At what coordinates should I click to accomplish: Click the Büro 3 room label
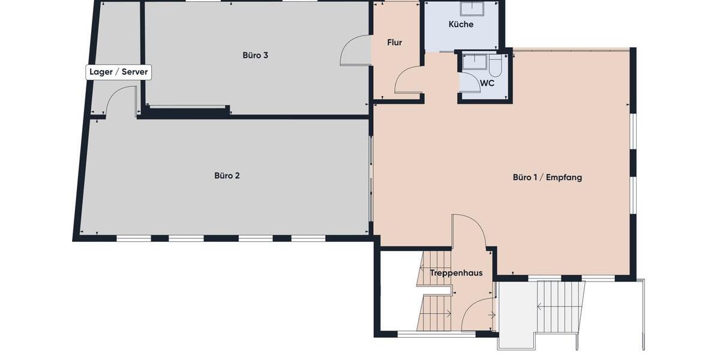click(x=255, y=55)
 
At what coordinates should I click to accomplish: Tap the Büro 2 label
click(x=227, y=176)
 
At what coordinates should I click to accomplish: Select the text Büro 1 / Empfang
click(x=547, y=177)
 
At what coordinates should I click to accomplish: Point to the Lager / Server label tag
click(x=119, y=73)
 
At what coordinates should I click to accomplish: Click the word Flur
click(x=394, y=43)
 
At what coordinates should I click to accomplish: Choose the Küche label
click(x=461, y=25)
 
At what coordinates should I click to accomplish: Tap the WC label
click(x=487, y=83)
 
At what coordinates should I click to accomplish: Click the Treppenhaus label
click(x=456, y=273)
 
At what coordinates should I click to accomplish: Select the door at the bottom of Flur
click(x=408, y=81)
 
